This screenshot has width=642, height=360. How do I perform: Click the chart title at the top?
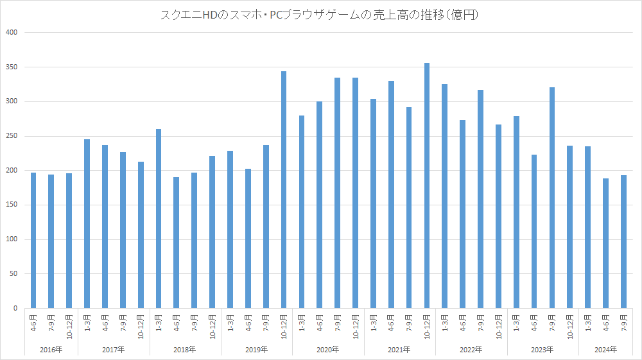pyautogui.click(x=320, y=15)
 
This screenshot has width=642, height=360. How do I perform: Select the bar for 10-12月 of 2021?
pyautogui.click(x=426, y=186)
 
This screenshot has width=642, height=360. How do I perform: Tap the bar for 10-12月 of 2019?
pyautogui.click(x=284, y=190)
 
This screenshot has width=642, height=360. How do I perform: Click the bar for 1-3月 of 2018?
pyautogui.click(x=159, y=219)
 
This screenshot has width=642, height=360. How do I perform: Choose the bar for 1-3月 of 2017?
pyautogui.click(x=87, y=224)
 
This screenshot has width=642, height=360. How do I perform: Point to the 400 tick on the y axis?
pyautogui.click(x=12, y=32)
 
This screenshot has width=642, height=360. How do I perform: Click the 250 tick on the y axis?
pyautogui.click(x=12, y=136)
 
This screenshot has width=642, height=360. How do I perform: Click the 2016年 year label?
pyautogui.click(x=51, y=350)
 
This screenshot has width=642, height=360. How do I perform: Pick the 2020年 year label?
pyautogui.click(x=328, y=350)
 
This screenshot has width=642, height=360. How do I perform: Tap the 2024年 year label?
pyautogui.click(x=605, y=350)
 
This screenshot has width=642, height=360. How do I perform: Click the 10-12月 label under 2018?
pyautogui.click(x=213, y=325)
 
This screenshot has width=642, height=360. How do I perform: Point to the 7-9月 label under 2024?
pyautogui.click(x=623, y=321)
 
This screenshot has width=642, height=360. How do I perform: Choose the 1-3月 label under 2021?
pyautogui.click(x=373, y=321)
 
